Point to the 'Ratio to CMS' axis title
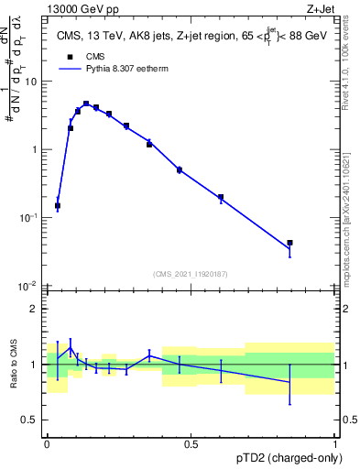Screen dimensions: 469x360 click(x=14, y=365)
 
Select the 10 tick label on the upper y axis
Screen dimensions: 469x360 click(x=30, y=82)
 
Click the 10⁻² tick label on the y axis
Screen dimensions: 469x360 click(x=28, y=286)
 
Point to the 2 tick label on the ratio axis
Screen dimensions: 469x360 click(x=34, y=309)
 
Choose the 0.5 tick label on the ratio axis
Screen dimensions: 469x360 click(x=30, y=420)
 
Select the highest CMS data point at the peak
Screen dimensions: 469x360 click(x=86, y=104)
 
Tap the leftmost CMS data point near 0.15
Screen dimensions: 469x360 click(x=58, y=206)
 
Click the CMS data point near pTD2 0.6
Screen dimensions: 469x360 click(x=221, y=197)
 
